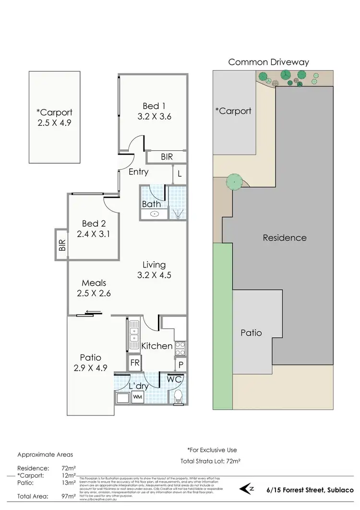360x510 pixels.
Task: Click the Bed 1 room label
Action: [152, 106]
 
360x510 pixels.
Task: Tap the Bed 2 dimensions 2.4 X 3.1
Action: [94, 234]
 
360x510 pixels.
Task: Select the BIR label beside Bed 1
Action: [167, 157]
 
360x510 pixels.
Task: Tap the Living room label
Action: [154, 265]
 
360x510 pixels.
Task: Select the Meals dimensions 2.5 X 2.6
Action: [94, 293]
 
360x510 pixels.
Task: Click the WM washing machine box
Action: [137, 397]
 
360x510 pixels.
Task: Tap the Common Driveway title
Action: [268, 62]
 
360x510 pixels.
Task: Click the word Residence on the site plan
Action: [284, 238]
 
